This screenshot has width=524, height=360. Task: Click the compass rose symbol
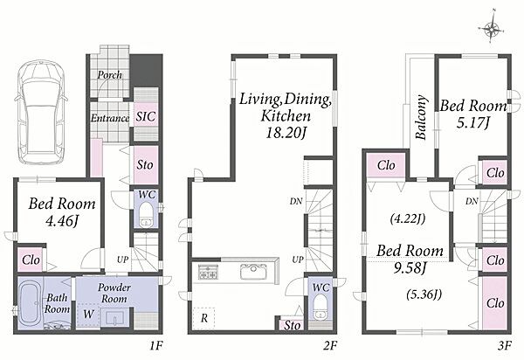point(491,30)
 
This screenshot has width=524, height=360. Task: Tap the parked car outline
point(41,112)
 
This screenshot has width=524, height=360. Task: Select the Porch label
point(110,75)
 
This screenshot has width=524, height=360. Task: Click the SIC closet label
point(146,116)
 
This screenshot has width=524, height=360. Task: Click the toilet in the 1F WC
point(146,214)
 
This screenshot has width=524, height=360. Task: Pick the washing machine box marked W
point(88,315)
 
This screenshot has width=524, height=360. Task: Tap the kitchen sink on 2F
point(253,271)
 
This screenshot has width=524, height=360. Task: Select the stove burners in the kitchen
point(208,272)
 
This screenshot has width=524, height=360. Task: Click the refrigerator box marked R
point(203,318)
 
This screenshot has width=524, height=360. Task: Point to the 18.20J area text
point(286,133)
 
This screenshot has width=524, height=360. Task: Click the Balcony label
point(421,117)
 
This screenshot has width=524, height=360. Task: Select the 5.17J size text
point(473,123)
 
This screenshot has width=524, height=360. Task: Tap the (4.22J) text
point(407,219)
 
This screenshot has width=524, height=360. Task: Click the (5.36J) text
point(424,294)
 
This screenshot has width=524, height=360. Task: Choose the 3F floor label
point(504,345)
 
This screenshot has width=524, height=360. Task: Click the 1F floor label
point(156,345)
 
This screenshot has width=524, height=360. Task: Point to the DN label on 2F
point(296,201)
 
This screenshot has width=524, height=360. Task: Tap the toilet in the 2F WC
point(321,307)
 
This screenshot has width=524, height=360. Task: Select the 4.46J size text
point(62,220)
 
